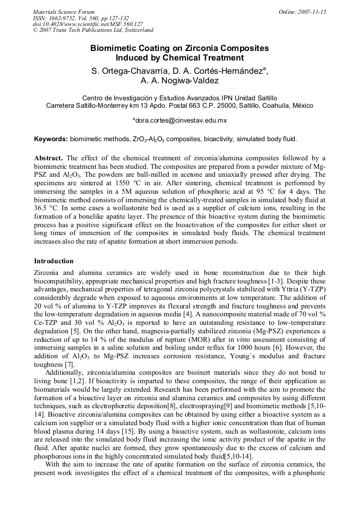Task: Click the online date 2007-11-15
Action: (310, 12)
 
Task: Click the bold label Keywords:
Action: (50, 139)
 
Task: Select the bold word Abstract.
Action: (48, 158)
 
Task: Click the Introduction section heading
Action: (54, 261)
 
